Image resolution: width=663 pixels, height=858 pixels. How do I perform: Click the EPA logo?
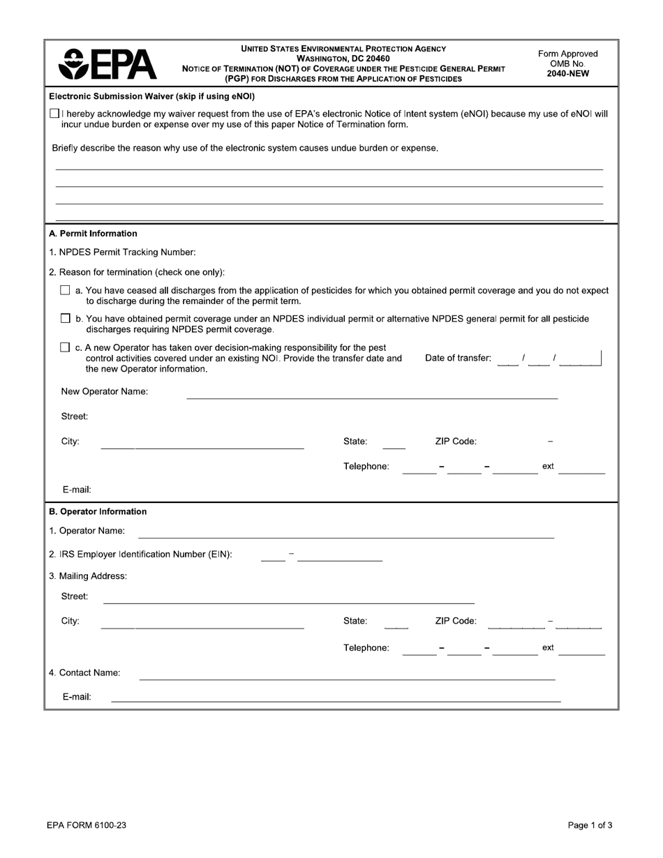[x=108, y=64]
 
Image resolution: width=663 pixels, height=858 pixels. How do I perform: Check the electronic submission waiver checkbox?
[x=54, y=114]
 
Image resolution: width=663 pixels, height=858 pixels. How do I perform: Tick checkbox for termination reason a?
[x=65, y=290]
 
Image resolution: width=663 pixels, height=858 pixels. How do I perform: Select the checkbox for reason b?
[x=65, y=319]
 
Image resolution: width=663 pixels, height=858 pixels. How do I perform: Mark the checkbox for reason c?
[x=65, y=347]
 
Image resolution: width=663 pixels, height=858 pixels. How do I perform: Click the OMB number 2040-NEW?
[x=568, y=73]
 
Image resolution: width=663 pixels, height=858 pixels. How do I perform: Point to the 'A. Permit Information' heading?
[x=93, y=234]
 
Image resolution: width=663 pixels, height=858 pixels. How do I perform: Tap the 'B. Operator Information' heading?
[x=98, y=511]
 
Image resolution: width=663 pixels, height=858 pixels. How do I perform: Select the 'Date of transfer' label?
[x=458, y=359]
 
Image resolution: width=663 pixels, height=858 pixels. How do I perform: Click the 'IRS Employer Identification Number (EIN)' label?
[x=140, y=555]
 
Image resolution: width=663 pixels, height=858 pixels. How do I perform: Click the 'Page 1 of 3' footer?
[x=590, y=825]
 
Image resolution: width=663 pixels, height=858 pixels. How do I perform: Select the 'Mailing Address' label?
[x=88, y=576]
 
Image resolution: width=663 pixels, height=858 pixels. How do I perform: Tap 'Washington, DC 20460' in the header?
[x=343, y=59]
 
